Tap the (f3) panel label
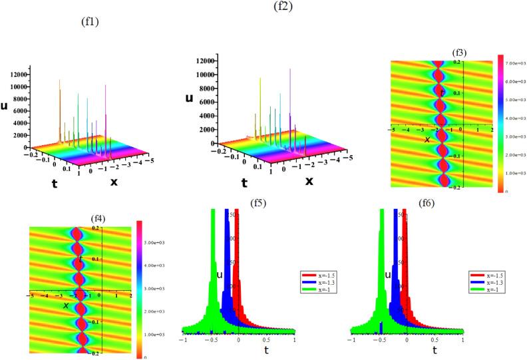(460, 53)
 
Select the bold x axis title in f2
(309, 181)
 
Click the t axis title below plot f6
(434, 349)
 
